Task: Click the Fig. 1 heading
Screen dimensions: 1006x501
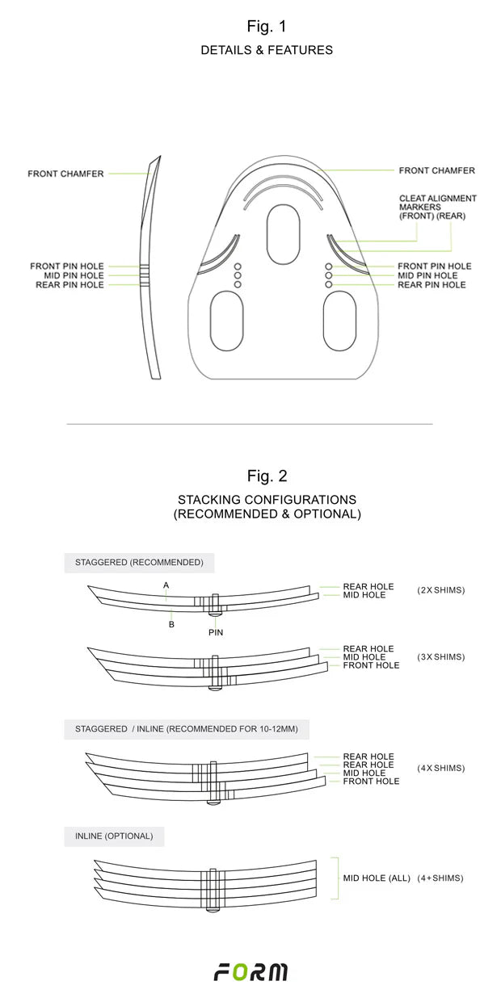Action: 267,27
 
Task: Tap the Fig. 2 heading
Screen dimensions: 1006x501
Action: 267,476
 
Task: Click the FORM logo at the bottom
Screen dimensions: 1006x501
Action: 250,972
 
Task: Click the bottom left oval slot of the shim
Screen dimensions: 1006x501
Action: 227,321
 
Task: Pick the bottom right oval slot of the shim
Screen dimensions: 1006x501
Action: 339,321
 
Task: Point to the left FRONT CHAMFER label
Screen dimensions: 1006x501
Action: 65,174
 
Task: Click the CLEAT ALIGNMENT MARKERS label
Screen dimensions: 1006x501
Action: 437,207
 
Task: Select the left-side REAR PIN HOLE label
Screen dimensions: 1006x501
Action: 69,285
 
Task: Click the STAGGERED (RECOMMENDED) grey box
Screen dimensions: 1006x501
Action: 139,562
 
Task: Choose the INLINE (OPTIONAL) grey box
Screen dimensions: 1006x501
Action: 114,836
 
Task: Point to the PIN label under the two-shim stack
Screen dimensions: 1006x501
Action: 215,633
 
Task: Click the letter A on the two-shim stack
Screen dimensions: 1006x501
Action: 166,585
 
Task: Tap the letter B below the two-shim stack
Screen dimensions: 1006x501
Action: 171,624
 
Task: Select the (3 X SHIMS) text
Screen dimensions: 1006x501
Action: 441,656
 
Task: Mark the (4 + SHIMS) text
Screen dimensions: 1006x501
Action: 440,878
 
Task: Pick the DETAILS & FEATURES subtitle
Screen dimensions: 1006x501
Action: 267,50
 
